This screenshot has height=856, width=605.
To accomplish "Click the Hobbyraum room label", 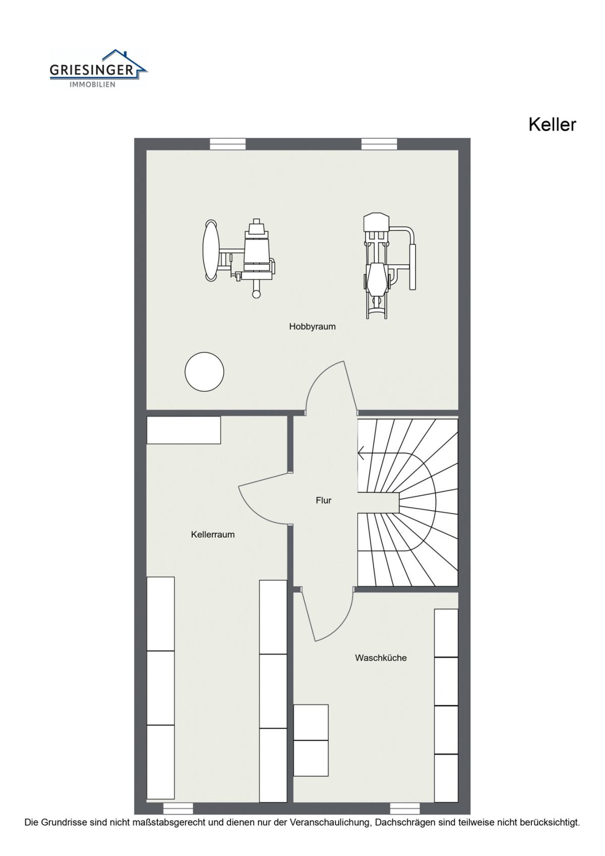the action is (312, 326).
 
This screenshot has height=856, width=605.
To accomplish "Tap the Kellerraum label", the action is (213, 534).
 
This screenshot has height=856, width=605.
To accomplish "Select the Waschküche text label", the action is (381, 658).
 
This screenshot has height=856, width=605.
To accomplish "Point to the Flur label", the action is (324, 500).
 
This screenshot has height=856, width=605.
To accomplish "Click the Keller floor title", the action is (552, 125).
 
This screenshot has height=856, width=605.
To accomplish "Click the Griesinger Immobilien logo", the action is (98, 69).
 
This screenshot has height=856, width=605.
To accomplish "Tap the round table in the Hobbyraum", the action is (204, 371).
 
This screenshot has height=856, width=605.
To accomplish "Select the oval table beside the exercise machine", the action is (211, 250).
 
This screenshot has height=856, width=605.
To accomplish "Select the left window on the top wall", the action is (228, 144).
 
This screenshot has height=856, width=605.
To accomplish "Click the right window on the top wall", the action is (379, 144).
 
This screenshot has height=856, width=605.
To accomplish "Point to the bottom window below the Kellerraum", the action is (178, 808).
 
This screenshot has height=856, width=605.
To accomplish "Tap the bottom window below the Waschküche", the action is (405, 808).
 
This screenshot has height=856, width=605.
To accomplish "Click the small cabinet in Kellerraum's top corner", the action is (184, 430).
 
